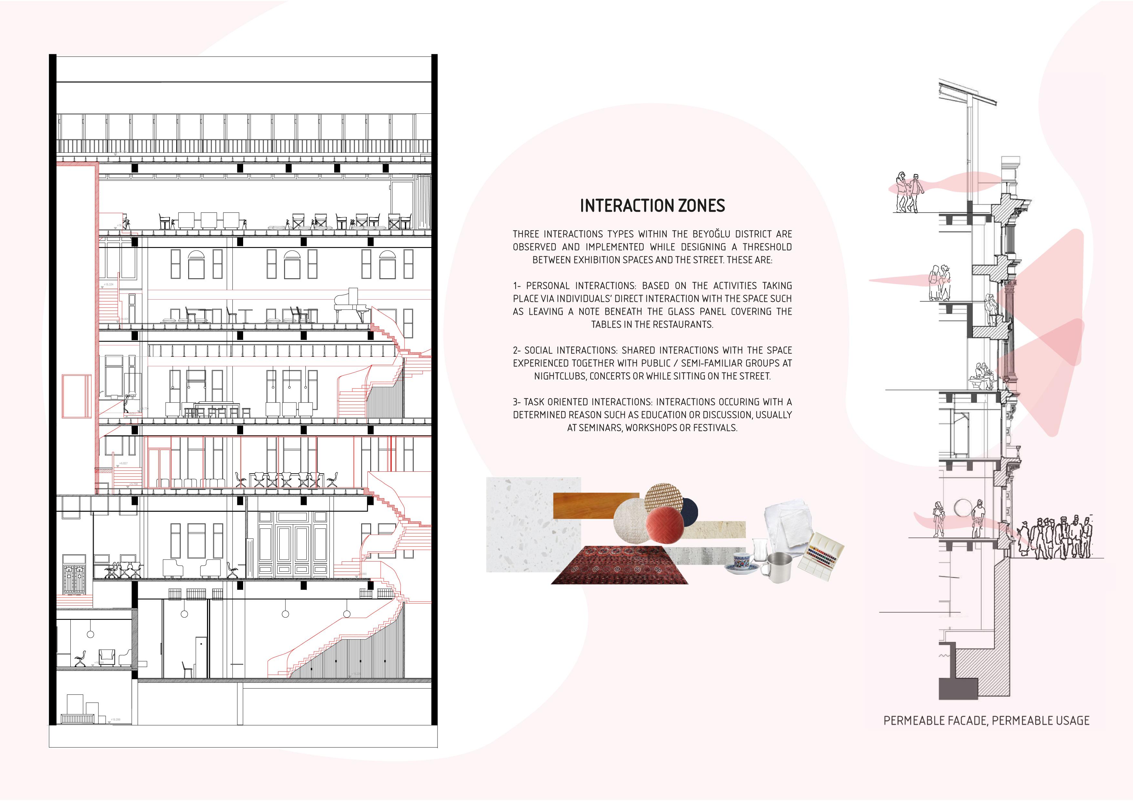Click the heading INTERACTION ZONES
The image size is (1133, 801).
tap(652, 205)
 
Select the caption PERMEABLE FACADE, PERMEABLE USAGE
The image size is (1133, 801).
tap(986, 721)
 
